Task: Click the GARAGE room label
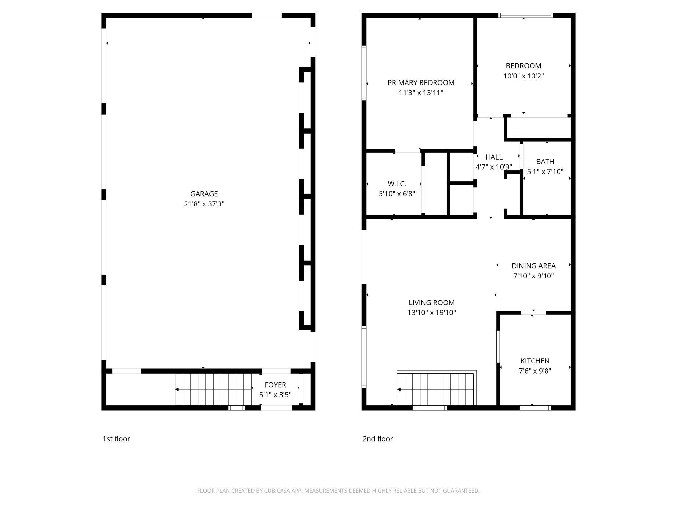pyautogui.click(x=204, y=194)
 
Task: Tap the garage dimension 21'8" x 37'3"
pyautogui.click(x=204, y=204)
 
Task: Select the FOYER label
pyautogui.click(x=275, y=385)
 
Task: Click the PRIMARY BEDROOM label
pyautogui.click(x=421, y=83)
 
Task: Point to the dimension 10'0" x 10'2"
pyautogui.click(x=523, y=76)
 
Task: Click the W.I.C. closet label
pyautogui.click(x=397, y=184)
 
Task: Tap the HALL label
pyautogui.click(x=494, y=157)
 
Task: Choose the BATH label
pyautogui.click(x=545, y=162)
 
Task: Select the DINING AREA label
pyautogui.click(x=533, y=266)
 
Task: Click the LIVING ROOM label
pyautogui.click(x=432, y=303)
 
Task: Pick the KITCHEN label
pyautogui.click(x=535, y=361)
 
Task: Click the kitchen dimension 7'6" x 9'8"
pyautogui.click(x=535, y=371)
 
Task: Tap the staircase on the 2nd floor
pyautogui.click(x=436, y=389)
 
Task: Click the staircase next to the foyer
pyautogui.click(x=213, y=389)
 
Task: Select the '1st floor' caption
pyautogui.click(x=116, y=439)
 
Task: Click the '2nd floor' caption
pyautogui.click(x=378, y=439)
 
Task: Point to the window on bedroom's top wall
pyautogui.click(x=526, y=15)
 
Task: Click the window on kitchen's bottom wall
pyautogui.click(x=535, y=408)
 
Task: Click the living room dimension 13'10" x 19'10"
pyautogui.click(x=432, y=313)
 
